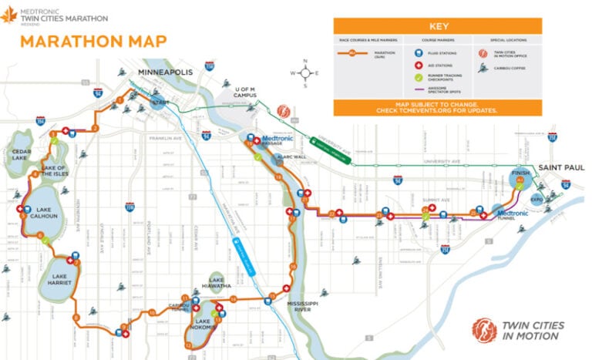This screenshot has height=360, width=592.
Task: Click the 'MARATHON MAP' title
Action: tap(82, 41)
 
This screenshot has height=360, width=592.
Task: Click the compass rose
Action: tap(305, 73)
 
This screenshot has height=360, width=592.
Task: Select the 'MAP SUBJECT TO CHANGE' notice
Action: tap(437, 106)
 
